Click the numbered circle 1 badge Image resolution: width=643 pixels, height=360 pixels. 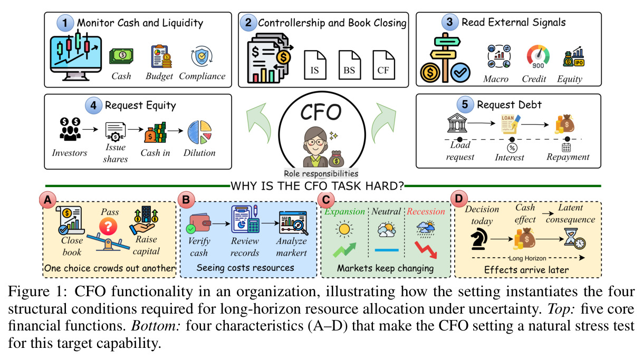click(65, 23)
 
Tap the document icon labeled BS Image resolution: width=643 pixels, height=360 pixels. click(349, 65)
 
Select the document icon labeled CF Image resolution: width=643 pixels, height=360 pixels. click(383, 65)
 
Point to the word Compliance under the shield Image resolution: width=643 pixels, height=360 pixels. click(202, 76)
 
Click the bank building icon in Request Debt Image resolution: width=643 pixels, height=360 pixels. click(457, 123)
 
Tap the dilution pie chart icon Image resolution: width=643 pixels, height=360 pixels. click(200, 132)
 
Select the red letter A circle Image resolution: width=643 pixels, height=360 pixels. click(47, 200)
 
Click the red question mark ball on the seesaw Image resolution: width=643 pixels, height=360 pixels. click(108, 226)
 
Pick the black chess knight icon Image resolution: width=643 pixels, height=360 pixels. click(479, 238)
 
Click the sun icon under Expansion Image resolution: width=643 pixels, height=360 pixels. click(344, 229)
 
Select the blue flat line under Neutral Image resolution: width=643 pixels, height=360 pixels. click(387, 250)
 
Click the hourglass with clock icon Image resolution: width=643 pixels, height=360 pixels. click(574, 238)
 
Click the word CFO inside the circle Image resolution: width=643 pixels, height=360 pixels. click(321, 112)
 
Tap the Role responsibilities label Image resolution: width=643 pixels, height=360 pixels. click(321, 173)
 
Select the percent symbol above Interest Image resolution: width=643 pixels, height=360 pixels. click(512, 148)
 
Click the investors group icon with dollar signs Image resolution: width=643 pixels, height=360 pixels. click(70, 129)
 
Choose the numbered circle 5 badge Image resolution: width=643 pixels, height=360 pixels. click(465, 104)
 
